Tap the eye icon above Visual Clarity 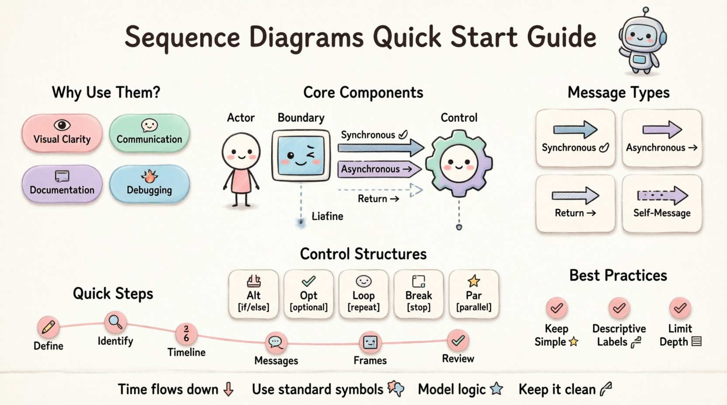[62, 125]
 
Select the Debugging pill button [149, 184]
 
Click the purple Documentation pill [62, 184]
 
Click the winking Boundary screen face [301, 155]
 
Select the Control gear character [459, 163]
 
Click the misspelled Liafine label [327, 216]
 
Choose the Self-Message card [661, 203]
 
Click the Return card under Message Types [575, 203]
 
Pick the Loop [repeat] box [363, 294]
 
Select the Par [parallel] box [474, 294]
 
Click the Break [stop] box [419, 294]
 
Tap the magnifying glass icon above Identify [115, 322]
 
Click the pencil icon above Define [48, 327]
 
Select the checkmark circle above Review [458, 340]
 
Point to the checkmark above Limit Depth [680, 308]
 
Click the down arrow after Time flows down [228, 389]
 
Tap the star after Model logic [496, 388]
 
